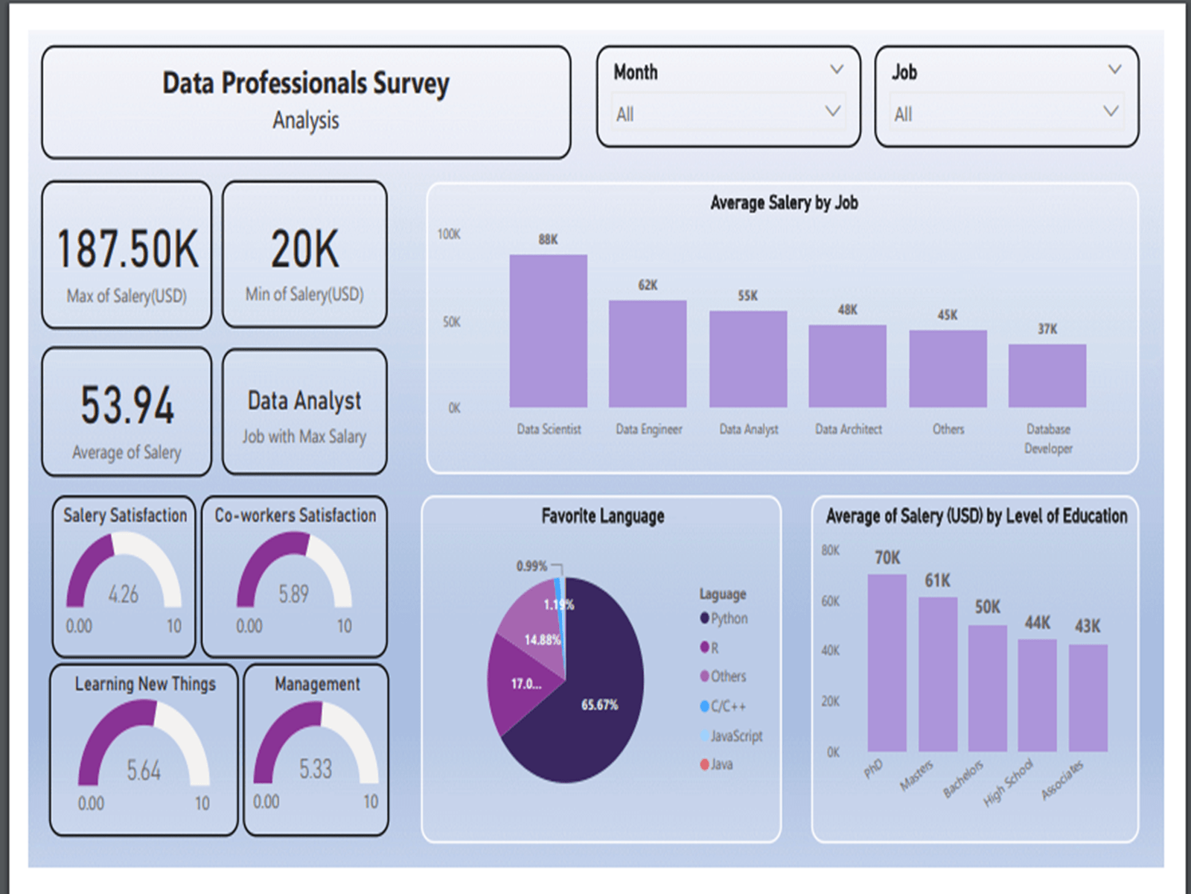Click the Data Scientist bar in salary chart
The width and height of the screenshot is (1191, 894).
[548, 332]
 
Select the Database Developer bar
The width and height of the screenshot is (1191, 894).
[1047, 375]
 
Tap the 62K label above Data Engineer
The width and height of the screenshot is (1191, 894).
[648, 285]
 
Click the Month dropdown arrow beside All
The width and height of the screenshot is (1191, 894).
[833, 112]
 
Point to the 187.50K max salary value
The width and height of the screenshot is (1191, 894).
[127, 249]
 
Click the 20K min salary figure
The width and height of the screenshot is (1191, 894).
[304, 249]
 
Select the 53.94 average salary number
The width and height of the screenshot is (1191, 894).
[127, 405]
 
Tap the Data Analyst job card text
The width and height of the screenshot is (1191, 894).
[304, 401]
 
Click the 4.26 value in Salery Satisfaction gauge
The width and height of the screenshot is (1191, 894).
[124, 594]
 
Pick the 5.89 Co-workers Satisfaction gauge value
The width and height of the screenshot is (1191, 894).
[293, 594]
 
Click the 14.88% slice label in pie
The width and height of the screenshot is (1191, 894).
[542, 640]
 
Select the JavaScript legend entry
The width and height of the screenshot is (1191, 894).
[735, 736]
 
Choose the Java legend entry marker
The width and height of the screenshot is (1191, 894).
[704, 764]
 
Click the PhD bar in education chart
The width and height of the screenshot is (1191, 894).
[887, 663]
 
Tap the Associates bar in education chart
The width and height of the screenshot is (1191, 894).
[1088, 697]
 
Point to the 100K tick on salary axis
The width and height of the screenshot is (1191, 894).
[449, 235]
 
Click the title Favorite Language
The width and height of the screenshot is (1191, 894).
[602, 516]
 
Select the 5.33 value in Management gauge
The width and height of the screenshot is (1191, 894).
[316, 769]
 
